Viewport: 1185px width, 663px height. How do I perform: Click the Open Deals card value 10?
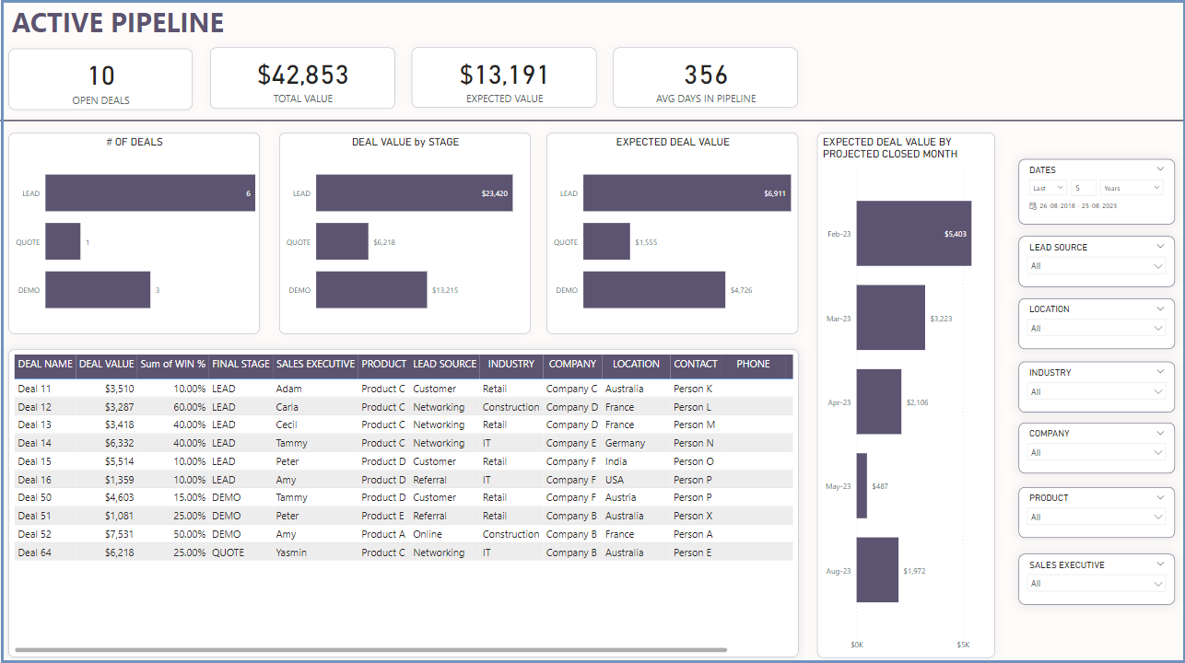point(100,76)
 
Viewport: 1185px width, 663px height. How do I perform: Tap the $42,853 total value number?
point(302,76)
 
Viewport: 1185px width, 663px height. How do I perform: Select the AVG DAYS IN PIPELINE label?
point(705,99)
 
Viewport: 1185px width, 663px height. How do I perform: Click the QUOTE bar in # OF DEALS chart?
point(63,241)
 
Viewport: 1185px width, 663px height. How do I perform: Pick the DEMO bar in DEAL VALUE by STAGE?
point(371,289)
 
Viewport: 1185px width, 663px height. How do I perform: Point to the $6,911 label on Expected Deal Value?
point(775,193)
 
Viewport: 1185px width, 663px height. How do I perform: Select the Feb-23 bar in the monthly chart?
point(913,233)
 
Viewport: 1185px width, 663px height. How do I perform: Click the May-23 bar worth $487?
point(862,485)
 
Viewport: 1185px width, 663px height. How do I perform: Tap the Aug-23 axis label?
point(838,571)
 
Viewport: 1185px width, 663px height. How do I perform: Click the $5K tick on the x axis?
point(963,645)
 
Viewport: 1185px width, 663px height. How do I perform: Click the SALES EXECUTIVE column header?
point(315,364)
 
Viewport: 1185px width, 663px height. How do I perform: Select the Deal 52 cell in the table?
point(35,534)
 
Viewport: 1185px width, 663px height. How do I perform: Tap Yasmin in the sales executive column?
point(291,552)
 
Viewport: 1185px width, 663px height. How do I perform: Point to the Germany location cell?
point(625,443)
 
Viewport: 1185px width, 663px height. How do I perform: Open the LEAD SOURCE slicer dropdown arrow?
point(1158,266)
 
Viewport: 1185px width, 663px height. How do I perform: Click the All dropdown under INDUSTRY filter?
point(1096,391)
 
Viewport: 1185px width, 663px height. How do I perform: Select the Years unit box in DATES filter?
point(1131,188)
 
